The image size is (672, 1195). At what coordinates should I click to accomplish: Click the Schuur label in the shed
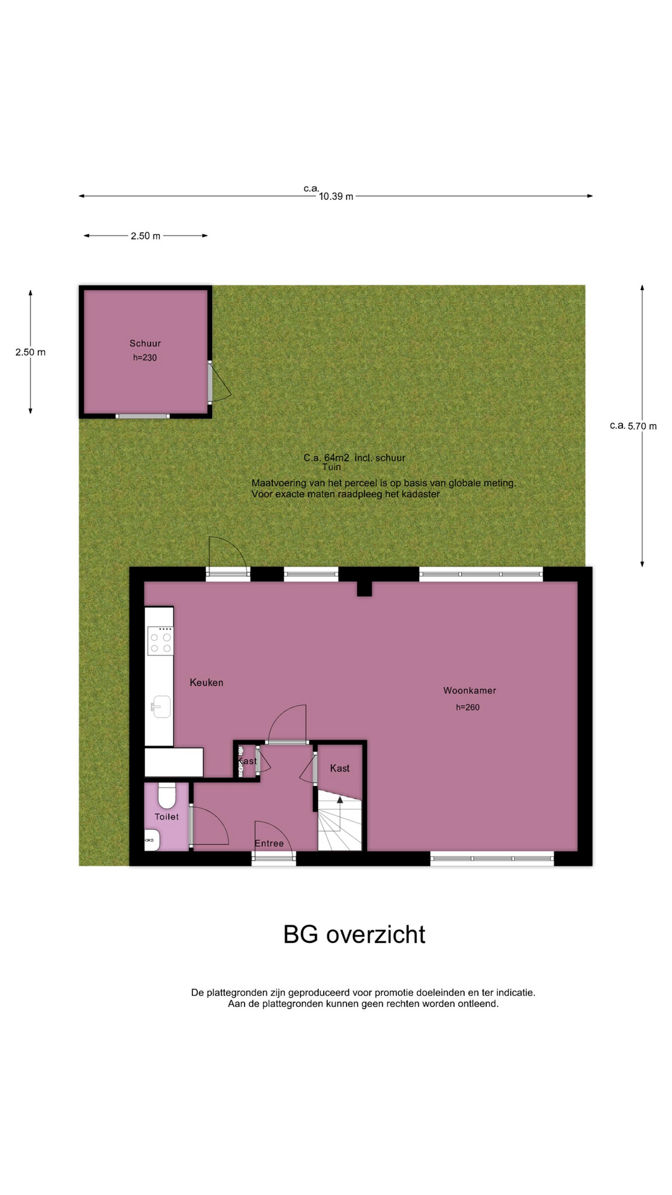tap(145, 343)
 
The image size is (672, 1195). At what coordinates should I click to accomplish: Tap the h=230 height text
tap(145, 358)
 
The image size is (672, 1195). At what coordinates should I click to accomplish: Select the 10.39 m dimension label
tap(336, 197)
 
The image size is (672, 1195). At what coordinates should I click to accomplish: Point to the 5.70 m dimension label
tap(642, 426)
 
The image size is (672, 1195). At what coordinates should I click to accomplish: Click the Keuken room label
tap(207, 682)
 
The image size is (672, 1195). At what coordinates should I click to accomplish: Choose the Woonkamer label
tap(470, 690)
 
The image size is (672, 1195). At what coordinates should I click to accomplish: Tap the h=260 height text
tap(468, 707)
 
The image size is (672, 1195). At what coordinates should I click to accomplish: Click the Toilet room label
tap(167, 817)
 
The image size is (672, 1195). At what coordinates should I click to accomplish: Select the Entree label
tap(269, 843)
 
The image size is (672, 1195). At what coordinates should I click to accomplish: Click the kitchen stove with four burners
tap(161, 641)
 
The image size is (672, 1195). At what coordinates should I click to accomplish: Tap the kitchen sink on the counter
tap(161, 706)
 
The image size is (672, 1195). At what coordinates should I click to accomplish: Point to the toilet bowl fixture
tap(167, 795)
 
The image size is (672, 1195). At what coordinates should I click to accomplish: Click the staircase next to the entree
tap(340, 820)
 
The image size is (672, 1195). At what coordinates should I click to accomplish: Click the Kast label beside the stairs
tap(340, 768)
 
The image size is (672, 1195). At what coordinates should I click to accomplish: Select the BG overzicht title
tap(354, 934)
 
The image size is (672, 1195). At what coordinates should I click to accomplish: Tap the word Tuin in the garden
tap(332, 467)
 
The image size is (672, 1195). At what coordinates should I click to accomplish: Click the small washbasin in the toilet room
tap(152, 840)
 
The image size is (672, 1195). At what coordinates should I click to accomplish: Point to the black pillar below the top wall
tap(365, 589)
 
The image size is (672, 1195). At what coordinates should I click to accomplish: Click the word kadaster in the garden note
tap(419, 494)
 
